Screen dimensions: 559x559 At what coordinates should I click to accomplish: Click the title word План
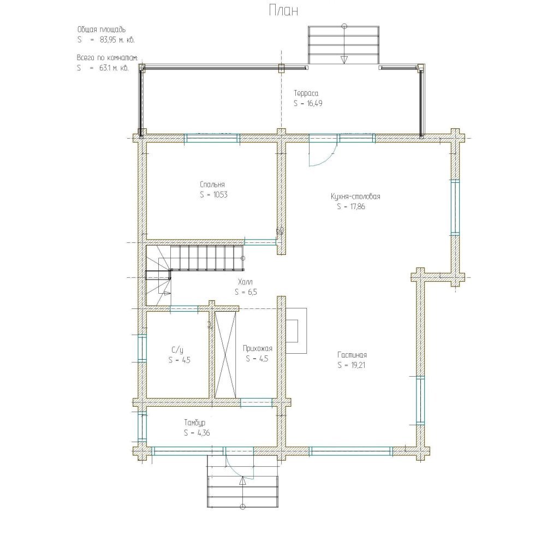(283, 11)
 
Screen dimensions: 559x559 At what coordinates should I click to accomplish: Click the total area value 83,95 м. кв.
(117, 39)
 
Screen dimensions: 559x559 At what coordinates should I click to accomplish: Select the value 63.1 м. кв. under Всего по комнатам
(114, 68)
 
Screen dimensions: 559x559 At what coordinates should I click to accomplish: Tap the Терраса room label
(306, 93)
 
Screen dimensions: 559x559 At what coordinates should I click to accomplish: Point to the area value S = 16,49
(308, 103)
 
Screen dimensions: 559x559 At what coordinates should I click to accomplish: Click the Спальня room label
(212, 185)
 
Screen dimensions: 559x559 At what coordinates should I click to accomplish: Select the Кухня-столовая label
(355, 197)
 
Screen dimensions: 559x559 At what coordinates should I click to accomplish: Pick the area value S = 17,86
(351, 206)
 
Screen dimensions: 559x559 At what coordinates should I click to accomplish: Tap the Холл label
(245, 282)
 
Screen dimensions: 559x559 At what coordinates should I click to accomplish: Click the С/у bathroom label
(177, 350)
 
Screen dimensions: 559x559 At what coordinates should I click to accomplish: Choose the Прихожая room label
(258, 348)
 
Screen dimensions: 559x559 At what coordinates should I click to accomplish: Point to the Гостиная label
(352, 355)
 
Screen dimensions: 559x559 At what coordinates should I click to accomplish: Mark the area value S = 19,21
(351, 365)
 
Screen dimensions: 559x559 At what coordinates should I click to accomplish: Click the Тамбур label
(195, 423)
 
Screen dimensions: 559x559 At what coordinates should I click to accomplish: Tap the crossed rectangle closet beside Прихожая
(225, 354)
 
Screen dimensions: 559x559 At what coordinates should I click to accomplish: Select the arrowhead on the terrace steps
(344, 60)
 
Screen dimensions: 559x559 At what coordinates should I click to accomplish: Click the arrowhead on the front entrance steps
(243, 481)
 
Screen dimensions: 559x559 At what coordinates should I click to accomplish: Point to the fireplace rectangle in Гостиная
(296, 331)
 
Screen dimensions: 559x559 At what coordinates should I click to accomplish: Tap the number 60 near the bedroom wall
(280, 231)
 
